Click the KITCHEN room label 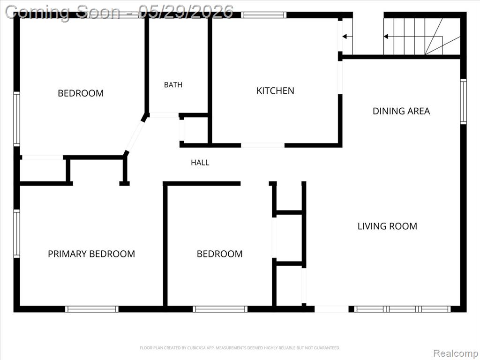275,90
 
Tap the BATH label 173,85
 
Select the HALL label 200,163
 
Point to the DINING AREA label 401,111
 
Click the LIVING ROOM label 387,226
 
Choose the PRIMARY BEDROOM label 91,254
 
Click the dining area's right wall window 464,102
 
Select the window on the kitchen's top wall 263,15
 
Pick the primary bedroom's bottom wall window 91,309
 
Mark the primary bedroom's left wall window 16,233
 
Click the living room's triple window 402,309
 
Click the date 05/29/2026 186,12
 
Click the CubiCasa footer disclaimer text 240,348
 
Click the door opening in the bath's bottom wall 164,115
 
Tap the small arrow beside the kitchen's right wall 347,37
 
